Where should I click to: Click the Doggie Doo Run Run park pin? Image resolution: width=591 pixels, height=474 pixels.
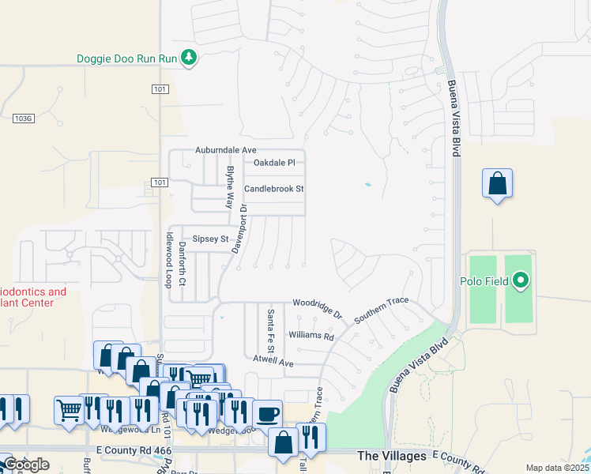[x=188, y=58]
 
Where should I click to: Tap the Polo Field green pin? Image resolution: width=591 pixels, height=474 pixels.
[x=521, y=280]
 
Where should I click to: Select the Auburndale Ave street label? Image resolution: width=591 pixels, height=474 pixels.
[x=227, y=150]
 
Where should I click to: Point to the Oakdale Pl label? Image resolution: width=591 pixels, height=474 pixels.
[x=273, y=163]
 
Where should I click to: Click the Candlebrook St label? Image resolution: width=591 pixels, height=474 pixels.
[x=274, y=190]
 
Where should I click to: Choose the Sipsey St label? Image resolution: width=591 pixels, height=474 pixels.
[x=210, y=239]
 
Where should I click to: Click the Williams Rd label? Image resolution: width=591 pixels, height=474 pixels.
[x=311, y=337]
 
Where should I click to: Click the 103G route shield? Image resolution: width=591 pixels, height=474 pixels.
[x=24, y=118]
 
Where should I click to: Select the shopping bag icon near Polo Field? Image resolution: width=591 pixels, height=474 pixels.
[x=497, y=183]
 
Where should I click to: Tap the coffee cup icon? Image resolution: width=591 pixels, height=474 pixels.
[x=267, y=412]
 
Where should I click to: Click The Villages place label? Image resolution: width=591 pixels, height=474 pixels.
[x=392, y=456]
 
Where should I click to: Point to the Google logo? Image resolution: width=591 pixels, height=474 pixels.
[x=25, y=465]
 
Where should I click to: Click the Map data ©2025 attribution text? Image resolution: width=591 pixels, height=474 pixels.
[x=557, y=468]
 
